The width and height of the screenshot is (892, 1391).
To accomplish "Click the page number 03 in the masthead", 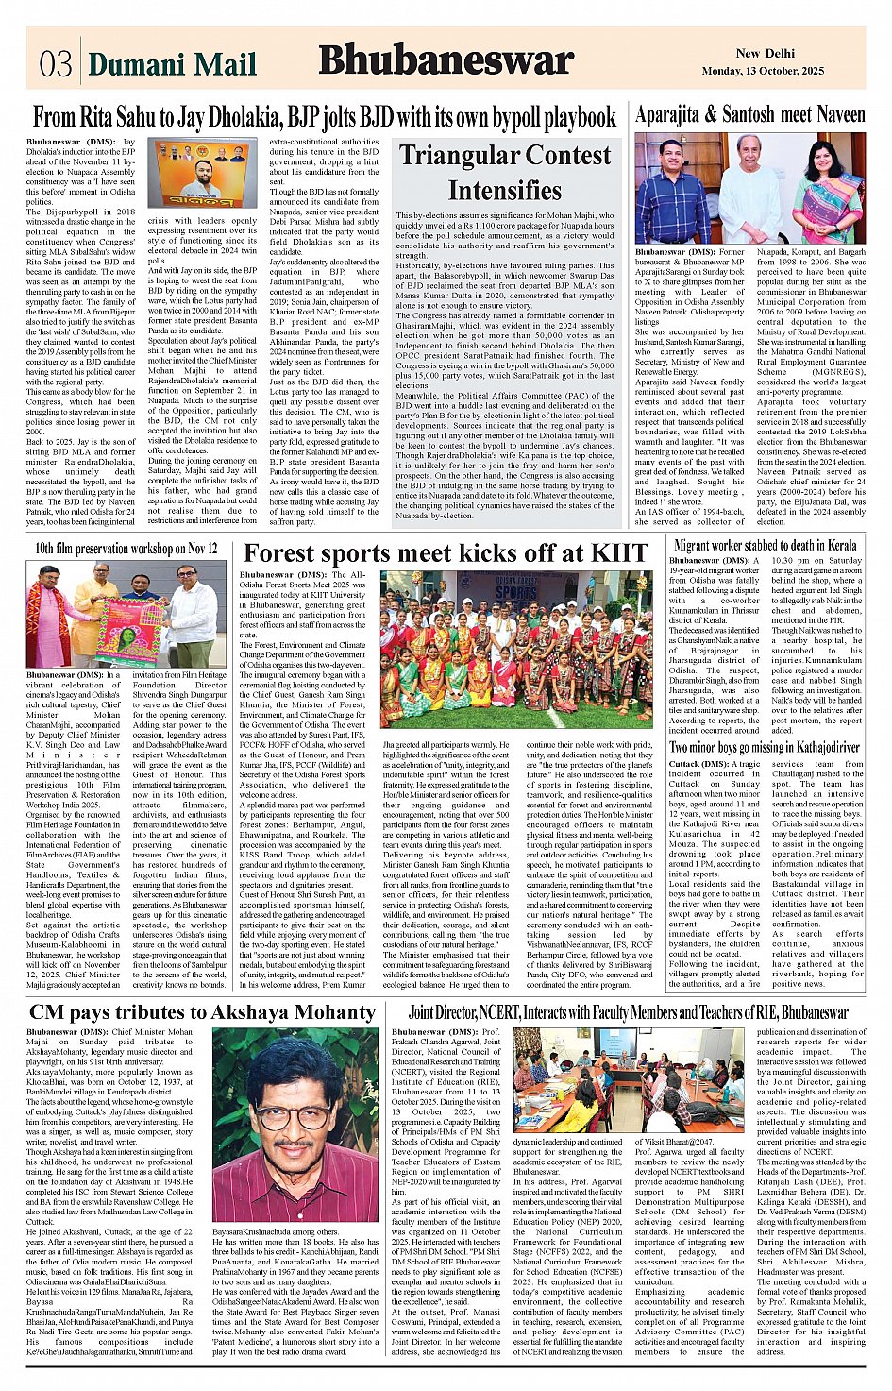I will [56, 63].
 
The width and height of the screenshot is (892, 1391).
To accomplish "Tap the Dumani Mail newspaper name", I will [172, 63].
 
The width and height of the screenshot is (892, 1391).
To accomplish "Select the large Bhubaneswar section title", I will [446, 60].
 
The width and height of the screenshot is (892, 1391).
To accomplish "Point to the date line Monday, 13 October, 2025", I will [763, 71].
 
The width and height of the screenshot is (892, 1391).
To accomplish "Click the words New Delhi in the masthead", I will [762, 54].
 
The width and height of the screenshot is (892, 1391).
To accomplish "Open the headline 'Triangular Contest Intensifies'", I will [504, 172].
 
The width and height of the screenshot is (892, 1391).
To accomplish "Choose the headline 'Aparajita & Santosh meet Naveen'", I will [749, 115].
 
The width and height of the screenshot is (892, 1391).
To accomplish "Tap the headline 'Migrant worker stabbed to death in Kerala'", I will [766, 545].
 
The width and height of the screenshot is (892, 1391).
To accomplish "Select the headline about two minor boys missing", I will [765, 747].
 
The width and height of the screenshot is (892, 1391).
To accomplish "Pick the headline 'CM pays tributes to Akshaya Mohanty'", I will [202, 1012].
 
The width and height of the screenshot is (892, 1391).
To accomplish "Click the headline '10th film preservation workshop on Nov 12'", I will [126, 548].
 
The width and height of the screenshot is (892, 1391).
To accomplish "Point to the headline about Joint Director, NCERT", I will [628, 1012].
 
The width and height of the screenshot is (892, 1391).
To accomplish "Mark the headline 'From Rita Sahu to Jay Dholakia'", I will [324, 118].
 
